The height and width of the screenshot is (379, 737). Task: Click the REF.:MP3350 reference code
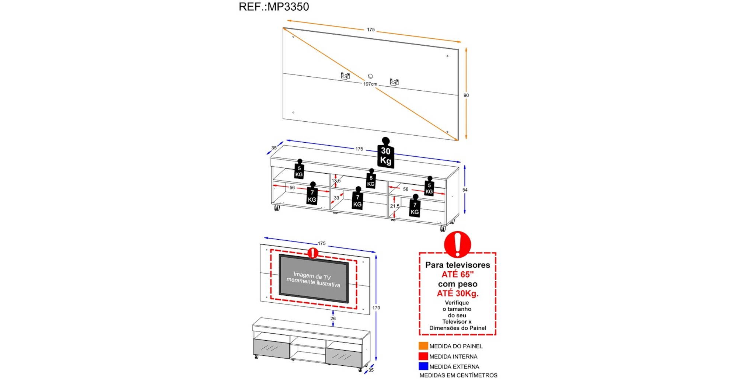[x=274, y=7]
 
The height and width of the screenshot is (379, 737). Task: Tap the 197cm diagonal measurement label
[x=370, y=84]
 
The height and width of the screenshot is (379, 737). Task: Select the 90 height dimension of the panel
[x=466, y=95]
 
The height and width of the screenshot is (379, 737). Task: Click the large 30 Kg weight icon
[x=385, y=155]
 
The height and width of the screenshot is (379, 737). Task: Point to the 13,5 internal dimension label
[x=336, y=181]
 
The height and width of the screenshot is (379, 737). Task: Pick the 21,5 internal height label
[x=395, y=206]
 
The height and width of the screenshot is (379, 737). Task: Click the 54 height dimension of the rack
[x=465, y=190]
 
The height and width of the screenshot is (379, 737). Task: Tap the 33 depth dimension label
[x=336, y=198]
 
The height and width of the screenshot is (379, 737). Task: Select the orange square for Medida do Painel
[x=423, y=346]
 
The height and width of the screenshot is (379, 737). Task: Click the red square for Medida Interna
[x=423, y=356]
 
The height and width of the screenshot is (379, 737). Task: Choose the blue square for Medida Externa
[x=423, y=366]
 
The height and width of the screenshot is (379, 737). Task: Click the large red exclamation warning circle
[x=457, y=244]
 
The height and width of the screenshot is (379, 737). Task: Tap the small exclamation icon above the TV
[x=313, y=253]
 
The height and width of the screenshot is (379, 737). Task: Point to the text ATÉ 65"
[x=458, y=274]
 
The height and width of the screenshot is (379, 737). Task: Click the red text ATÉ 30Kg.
[x=458, y=293]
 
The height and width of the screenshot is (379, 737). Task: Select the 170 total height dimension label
[x=376, y=308]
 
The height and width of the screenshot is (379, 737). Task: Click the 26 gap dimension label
[x=333, y=318]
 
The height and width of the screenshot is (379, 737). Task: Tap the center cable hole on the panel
[x=370, y=76]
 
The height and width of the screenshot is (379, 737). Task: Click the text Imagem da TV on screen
[x=312, y=276]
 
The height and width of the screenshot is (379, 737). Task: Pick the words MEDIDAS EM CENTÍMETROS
[x=458, y=375]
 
